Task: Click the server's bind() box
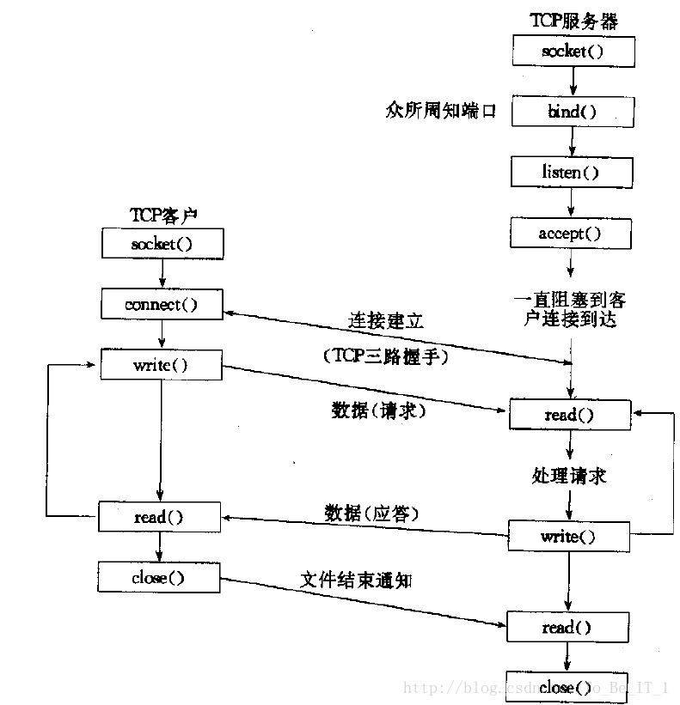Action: click(573, 112)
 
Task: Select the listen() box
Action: click(572, 173)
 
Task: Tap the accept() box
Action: click(571, 234)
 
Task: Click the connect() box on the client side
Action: click(162, 304)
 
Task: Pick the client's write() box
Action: click(161, 365)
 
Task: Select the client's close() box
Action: click(159, 577)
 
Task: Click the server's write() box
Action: click(569, 537)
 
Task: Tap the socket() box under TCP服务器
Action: click(573, 52)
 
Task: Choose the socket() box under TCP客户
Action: click(162, 244)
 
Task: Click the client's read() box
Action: click(160, 517)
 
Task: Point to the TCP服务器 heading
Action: click(573, 21)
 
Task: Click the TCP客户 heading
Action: click(163, 216)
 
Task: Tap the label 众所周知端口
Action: click(441, 111)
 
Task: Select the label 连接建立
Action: click(386, 320)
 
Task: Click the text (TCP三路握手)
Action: click(386, 356)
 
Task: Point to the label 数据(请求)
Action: click(378, 410)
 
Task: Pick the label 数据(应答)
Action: click(371, 513)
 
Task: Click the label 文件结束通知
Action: click(356, 580)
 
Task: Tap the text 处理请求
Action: click(569, 476)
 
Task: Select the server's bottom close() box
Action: click(567, 687)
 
